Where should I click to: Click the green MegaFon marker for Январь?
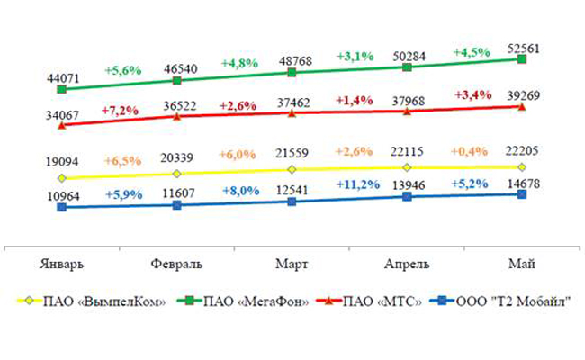tap(61, 89)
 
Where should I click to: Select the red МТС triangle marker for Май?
tap(523, 106)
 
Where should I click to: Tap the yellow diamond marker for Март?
tap(292, 169)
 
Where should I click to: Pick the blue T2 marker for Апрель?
tap(408, 195)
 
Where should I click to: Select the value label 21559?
tap(293, 154)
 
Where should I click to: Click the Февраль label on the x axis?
tap(176, 263)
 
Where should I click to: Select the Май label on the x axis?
tap(522, 263)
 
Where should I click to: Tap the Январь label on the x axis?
tap(62, 263)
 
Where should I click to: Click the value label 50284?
tap(408, 54)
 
